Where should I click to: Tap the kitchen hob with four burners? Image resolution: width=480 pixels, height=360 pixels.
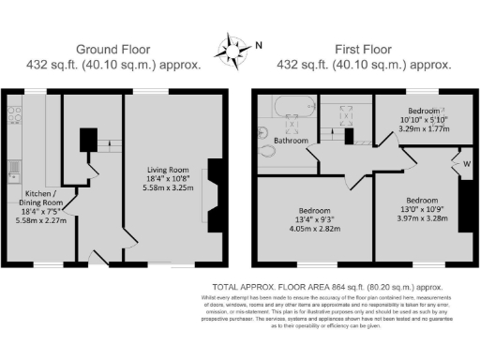[14, 115]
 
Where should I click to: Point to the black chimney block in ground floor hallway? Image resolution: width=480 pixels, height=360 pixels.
[88, 140]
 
